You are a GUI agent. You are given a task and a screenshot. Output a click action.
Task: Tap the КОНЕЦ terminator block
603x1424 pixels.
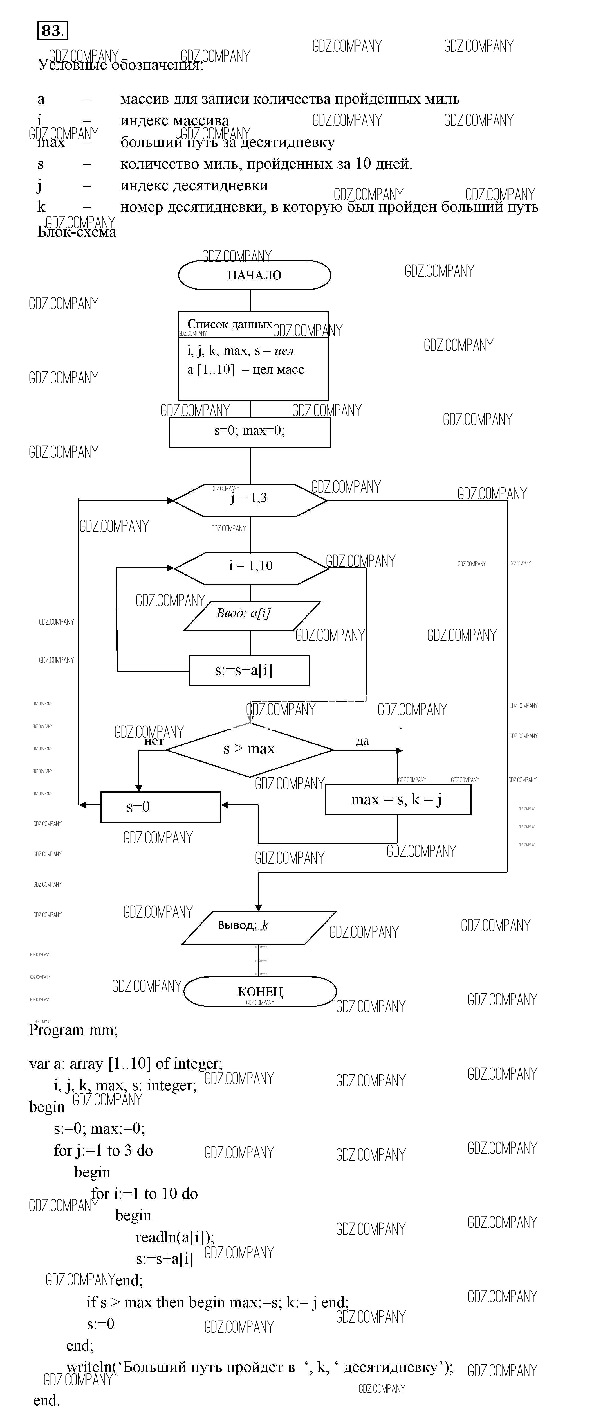260,991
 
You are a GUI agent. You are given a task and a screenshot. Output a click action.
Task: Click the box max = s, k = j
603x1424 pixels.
398,799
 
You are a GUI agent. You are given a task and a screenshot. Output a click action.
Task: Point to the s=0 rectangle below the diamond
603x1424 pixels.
160,807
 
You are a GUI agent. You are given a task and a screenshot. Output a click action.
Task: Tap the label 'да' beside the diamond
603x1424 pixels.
362,741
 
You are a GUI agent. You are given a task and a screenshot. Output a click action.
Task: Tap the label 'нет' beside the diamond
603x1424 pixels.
154,741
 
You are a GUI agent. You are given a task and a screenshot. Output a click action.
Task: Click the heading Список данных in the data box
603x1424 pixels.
230,324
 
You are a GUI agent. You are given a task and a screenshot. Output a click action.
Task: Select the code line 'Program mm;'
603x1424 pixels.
73,1030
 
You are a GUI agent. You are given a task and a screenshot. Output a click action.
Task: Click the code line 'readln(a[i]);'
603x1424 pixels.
175,1236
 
